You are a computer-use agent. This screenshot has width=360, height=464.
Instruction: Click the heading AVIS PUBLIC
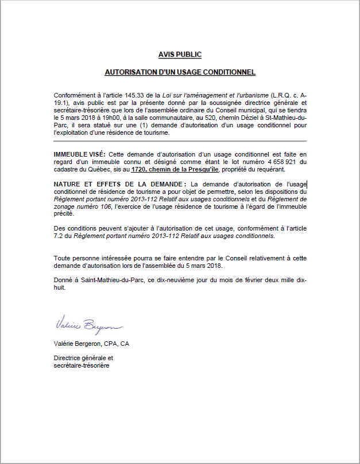point(180,54)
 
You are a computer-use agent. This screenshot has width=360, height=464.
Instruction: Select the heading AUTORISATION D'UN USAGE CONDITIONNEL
point(180,73)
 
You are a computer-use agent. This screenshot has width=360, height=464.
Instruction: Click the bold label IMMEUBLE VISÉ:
point(79,154)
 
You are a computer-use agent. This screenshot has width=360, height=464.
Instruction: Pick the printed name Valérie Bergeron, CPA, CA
point(91,344)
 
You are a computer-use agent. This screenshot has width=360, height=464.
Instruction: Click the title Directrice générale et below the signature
point(83,357)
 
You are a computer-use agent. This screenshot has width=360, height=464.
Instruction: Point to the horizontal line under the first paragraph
point(180,141)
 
